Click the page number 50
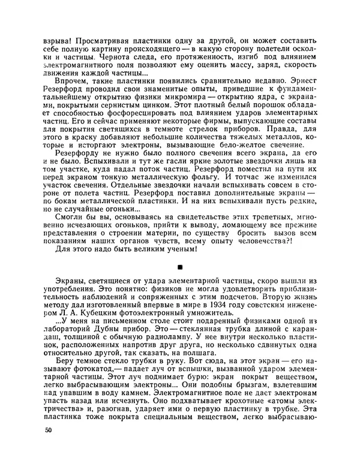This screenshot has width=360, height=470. click(x=48, y=447)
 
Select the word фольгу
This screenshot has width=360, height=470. click(x=204, y=177)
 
